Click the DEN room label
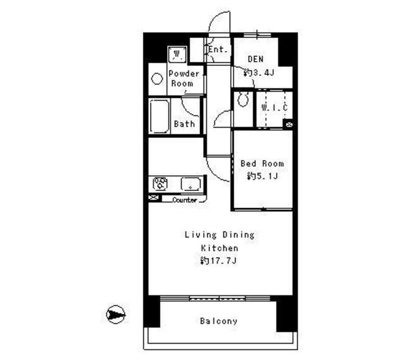click(254, 59)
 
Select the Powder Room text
click(184, 78)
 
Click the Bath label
click(184, 124)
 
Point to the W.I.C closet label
click(275, 108)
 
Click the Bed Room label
click(262, 163)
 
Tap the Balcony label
click(219, 321)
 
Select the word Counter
click(184, 200)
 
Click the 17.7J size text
click(219, 260)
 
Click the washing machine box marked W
click(177, 54)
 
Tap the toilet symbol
click(241, 101)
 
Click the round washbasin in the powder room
click(157, 80)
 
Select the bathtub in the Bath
click(159, 116)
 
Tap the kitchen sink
click(190, 184)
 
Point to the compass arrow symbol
click(116, 314)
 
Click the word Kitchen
click(220, 248)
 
